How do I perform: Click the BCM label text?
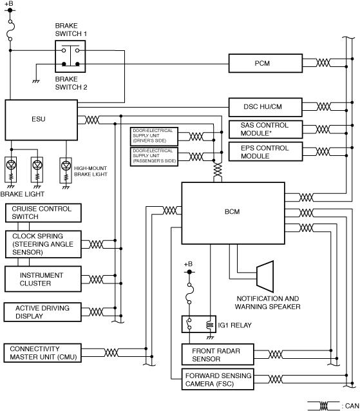[x=232, y=211]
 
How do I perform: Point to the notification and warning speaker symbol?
[x=265, y=276]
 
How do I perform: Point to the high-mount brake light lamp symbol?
[x=66, y=170]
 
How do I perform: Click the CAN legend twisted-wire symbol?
[x=324, y=406]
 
